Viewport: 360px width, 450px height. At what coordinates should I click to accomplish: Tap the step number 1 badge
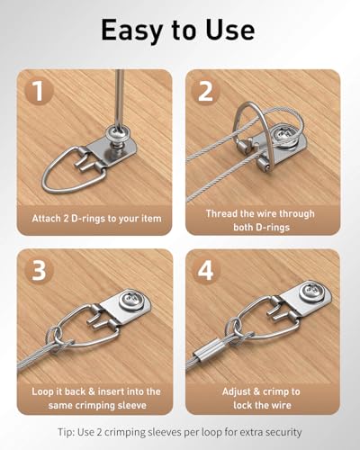[x=38, y=91]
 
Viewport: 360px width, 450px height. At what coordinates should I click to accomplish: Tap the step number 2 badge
[x=205, y=91]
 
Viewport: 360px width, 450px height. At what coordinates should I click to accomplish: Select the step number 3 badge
[x=39, y=270]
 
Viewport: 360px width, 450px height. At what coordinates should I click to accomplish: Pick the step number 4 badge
[x=206, y=270]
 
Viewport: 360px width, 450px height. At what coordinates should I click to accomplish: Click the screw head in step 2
[x=285, y=134]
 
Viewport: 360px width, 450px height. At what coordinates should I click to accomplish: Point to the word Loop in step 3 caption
[x=42, y=391]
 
